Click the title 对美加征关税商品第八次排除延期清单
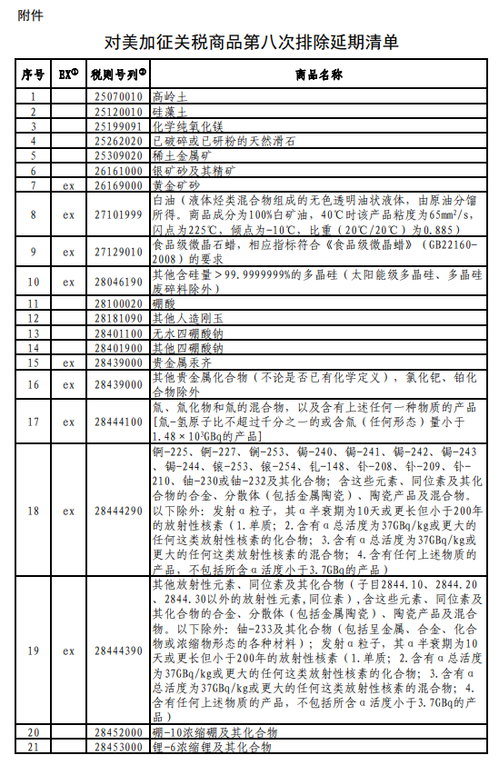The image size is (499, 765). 251,43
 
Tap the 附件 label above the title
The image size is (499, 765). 29,15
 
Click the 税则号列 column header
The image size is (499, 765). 117,74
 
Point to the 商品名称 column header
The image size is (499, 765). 317,74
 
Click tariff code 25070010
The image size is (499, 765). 117,95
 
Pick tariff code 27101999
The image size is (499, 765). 117,214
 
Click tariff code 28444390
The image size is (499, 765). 117,651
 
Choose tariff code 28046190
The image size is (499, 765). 117,282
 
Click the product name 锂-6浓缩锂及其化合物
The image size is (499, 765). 212,747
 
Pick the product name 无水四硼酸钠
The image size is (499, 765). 182,333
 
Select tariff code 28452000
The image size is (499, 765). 117,732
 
